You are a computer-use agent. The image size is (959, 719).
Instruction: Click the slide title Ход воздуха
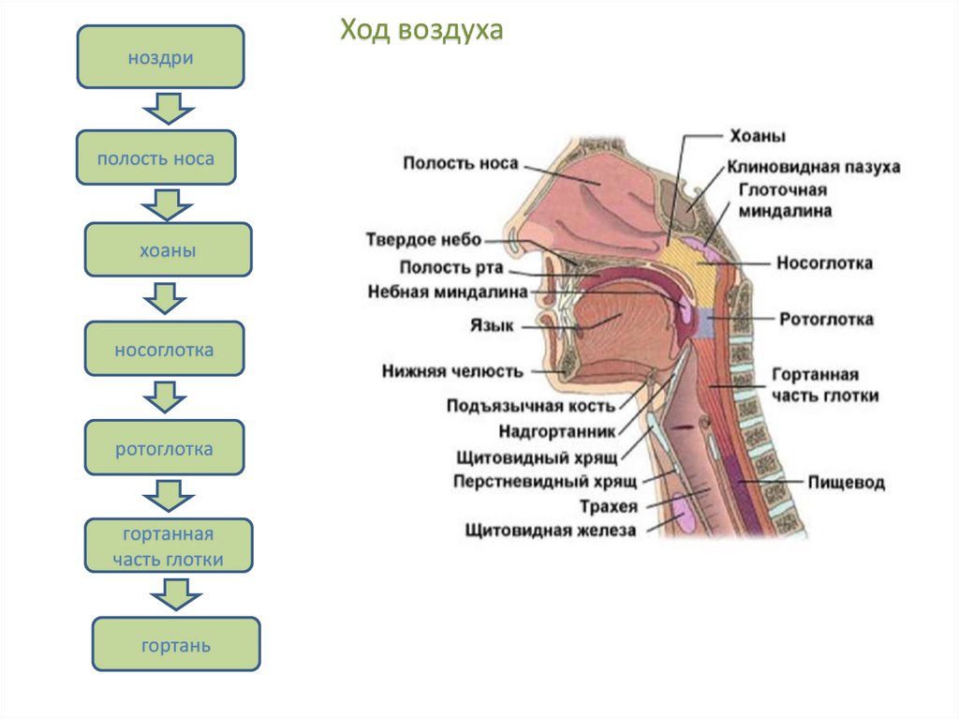421,30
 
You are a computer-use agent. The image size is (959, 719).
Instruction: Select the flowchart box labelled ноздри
161,58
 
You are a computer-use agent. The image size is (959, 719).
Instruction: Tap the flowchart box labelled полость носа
155,157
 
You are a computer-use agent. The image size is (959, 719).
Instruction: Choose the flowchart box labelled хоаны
169,249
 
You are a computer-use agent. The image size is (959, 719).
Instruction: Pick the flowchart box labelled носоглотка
164,350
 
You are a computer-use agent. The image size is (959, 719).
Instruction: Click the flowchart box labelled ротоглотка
164,448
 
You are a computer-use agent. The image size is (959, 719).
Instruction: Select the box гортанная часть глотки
169,547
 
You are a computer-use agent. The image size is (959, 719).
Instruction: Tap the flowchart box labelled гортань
176,645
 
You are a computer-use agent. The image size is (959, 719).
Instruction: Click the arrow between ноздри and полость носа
168,109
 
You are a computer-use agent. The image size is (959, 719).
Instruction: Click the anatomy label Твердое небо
423,240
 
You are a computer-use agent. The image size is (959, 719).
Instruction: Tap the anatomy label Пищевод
847,484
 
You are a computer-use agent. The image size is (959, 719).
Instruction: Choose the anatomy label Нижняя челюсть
451,371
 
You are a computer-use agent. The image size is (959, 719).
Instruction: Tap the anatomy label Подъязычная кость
530,405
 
